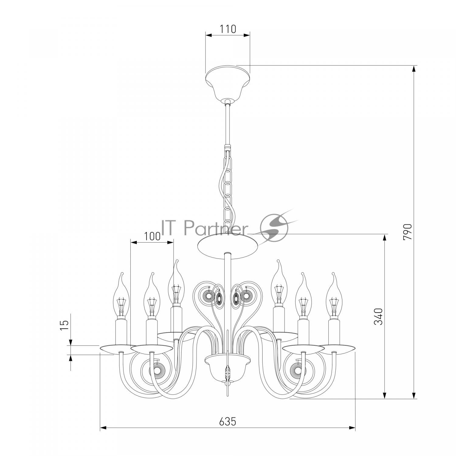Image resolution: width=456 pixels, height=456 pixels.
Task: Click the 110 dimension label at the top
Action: [x=228, y=29]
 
